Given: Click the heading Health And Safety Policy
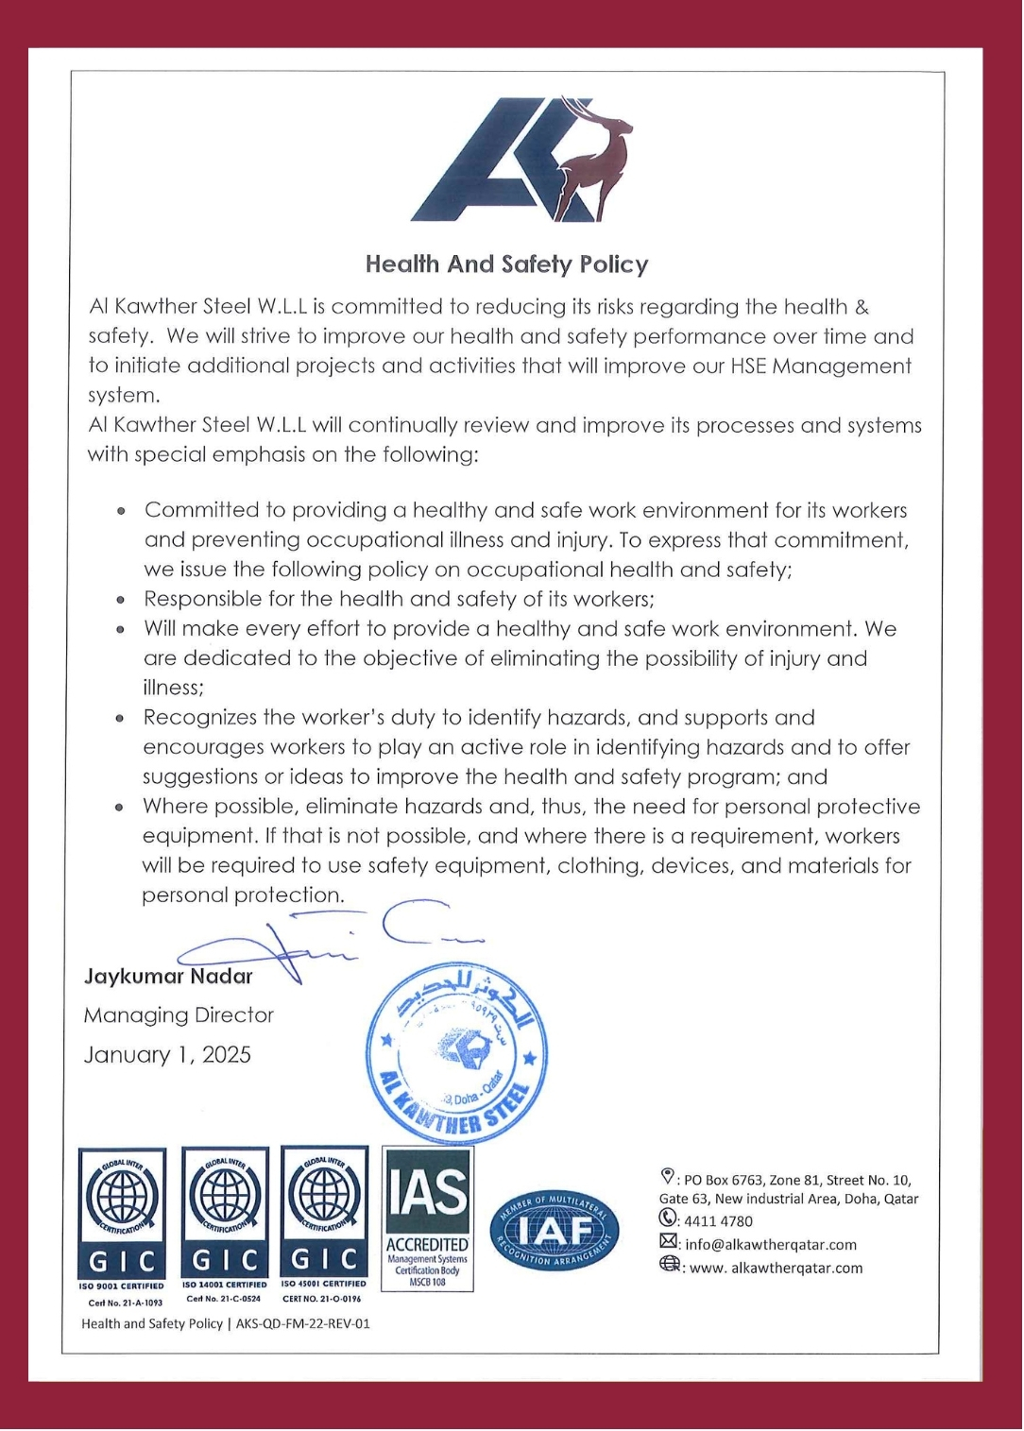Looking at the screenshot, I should click(x=506, y=264).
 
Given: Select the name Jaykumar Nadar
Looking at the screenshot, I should click(x=168, y=976).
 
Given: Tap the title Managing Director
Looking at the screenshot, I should click(x=179, y=1015).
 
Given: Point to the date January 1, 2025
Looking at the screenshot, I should click(x=167, y=1055).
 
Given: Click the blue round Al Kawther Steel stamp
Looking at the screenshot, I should click(x=457, y=1053).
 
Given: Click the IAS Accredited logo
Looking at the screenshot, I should click(x=427, y=1218).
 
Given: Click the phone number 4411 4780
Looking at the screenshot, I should click(x=718, y=1221).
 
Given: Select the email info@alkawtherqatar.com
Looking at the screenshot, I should click(x=771, y=1245).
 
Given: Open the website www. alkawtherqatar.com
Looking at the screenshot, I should click(x=776, y=1269).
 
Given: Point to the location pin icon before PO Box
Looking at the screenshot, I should click(x=667, y=1177).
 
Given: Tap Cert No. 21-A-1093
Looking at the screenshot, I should click(x=125, y=1303).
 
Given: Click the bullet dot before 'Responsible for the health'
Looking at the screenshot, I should click(x=121, y=600).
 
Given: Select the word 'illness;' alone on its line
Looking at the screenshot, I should click(x=173, y=688).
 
